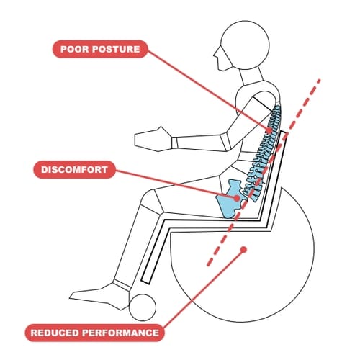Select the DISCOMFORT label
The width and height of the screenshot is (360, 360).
pos(75,171)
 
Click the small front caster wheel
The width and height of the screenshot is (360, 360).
pos(142,307)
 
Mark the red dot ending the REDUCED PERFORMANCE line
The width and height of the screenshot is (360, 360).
pos(246,250)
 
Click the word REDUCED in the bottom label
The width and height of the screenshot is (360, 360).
pos(54,333)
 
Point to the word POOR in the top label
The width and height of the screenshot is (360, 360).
pos(72,50)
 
